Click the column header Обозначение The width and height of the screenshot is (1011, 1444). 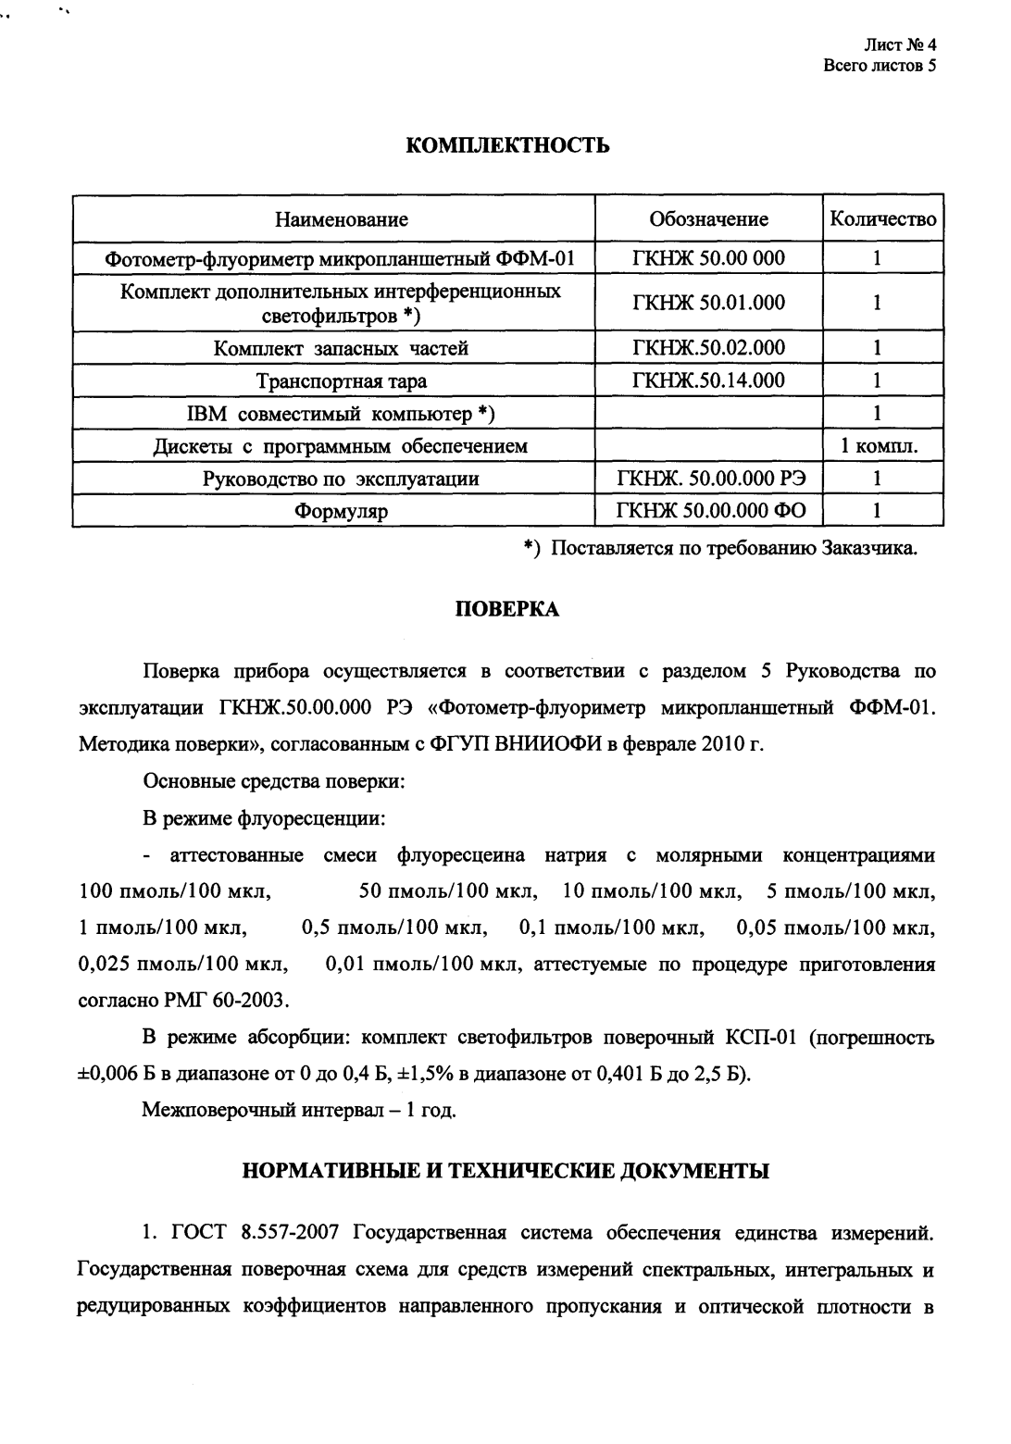point(708,219)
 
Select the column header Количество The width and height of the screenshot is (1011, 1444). point(883,219)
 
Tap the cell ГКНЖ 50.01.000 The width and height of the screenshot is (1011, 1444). point(708,303)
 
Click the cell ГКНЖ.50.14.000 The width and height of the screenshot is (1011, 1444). point(708,380)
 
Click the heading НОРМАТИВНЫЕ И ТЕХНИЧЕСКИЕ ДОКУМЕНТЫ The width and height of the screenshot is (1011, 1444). point(505,1171)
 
